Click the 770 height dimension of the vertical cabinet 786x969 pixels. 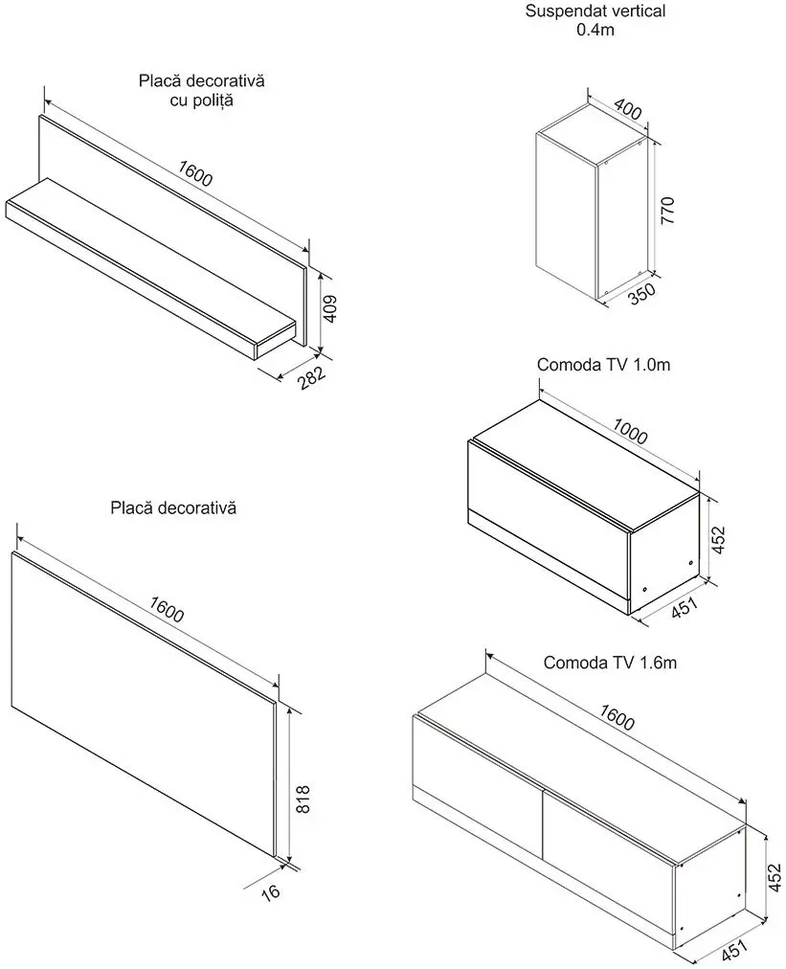[668, 208]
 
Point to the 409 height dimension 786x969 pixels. [328, 308]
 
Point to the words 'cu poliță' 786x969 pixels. [200, 100]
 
